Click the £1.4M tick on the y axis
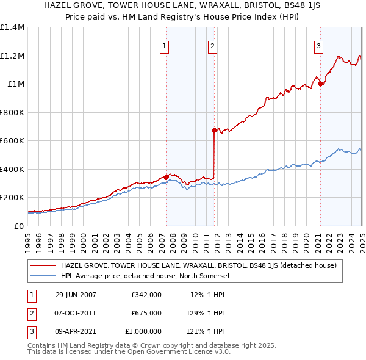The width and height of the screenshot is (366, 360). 12,27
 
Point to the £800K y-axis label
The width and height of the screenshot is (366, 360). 12,112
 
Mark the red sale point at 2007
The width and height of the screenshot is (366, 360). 166,177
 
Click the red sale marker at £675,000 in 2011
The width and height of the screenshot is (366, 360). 214,130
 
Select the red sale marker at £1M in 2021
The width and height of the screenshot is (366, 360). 320,84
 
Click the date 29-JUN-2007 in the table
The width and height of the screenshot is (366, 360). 76,295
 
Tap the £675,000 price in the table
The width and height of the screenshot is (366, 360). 146,313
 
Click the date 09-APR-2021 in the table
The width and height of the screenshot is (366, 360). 76,331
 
